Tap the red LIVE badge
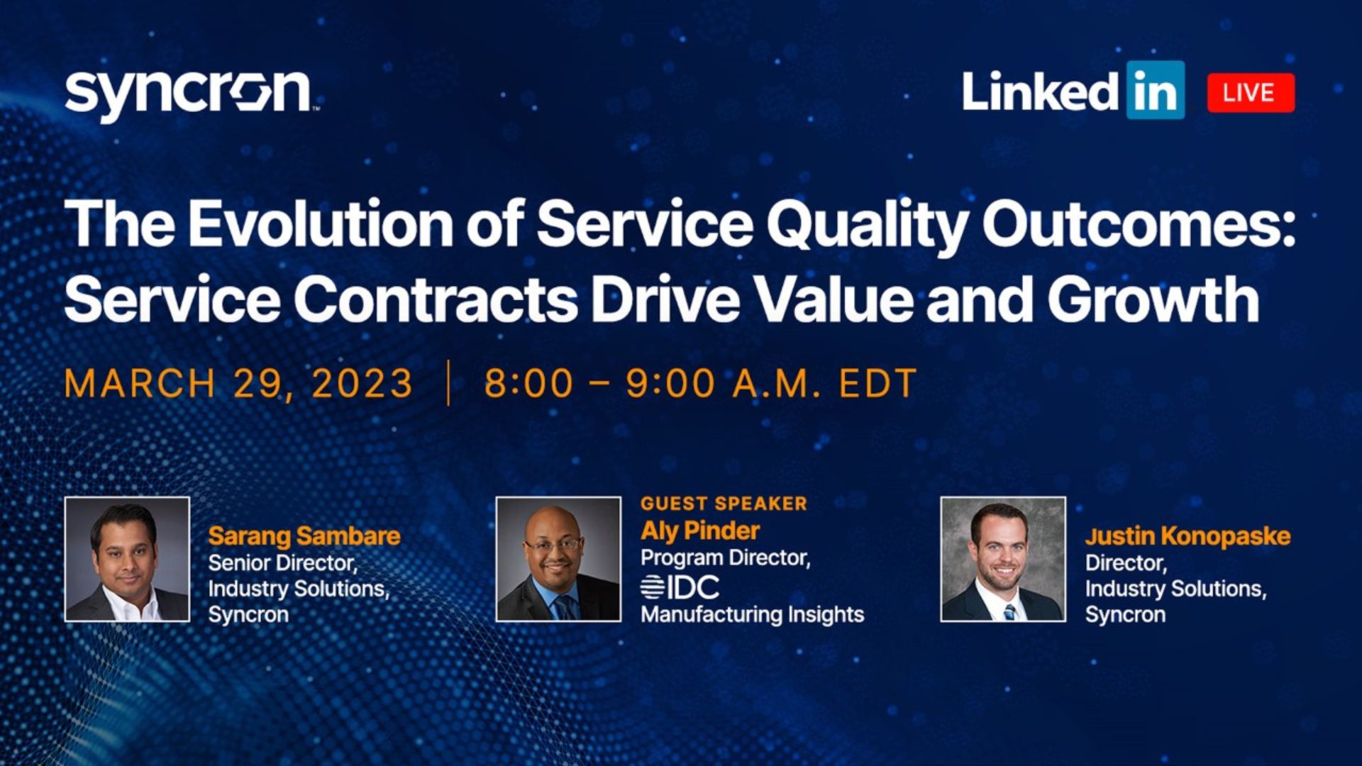tap(1251, 93)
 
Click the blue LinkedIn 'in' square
tap(1156, 90)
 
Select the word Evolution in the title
tap(321, 223)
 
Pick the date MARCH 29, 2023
tap(238, 384)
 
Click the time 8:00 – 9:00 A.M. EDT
tap(700, 384)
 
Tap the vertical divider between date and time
tap(448, 383)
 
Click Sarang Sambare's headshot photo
tap(127, 559)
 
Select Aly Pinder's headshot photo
tap(558, 559)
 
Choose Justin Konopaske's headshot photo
tap(1003, 559)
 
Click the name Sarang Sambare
tap(304, 536)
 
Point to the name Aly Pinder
tap(700, 531)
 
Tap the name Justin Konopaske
tap(1187, 536)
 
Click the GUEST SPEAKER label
tap(724, 504)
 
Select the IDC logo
tap(680, 587)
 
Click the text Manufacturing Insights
tap(753, 614)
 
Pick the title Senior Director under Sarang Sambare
tap(282, 563)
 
